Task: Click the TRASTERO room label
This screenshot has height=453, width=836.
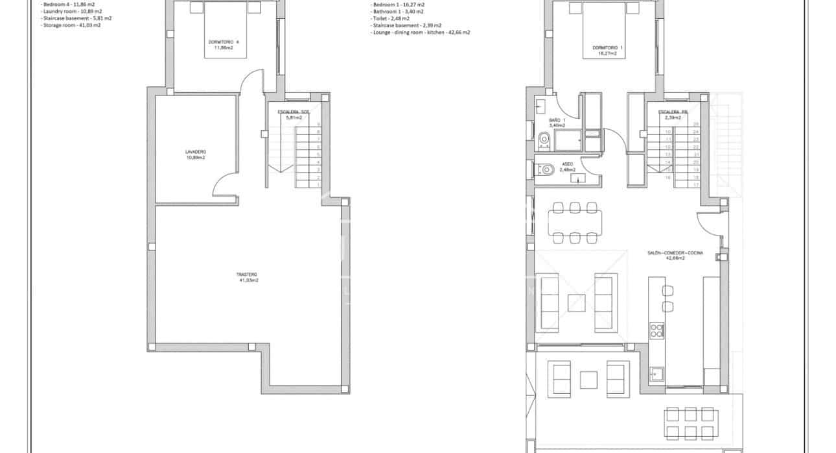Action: pos(248,277)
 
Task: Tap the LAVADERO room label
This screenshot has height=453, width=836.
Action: pos(195,154)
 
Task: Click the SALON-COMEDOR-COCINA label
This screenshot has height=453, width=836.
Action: pos(675,255)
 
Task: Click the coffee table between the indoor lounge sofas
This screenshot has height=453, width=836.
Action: pos(576,303)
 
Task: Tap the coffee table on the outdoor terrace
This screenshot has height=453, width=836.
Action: pos(588,380)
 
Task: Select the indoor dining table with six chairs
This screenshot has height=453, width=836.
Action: pos(574,223)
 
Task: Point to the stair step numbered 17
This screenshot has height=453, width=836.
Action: pos(696,185)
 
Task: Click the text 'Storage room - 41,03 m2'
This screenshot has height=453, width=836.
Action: pos(71,25)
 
